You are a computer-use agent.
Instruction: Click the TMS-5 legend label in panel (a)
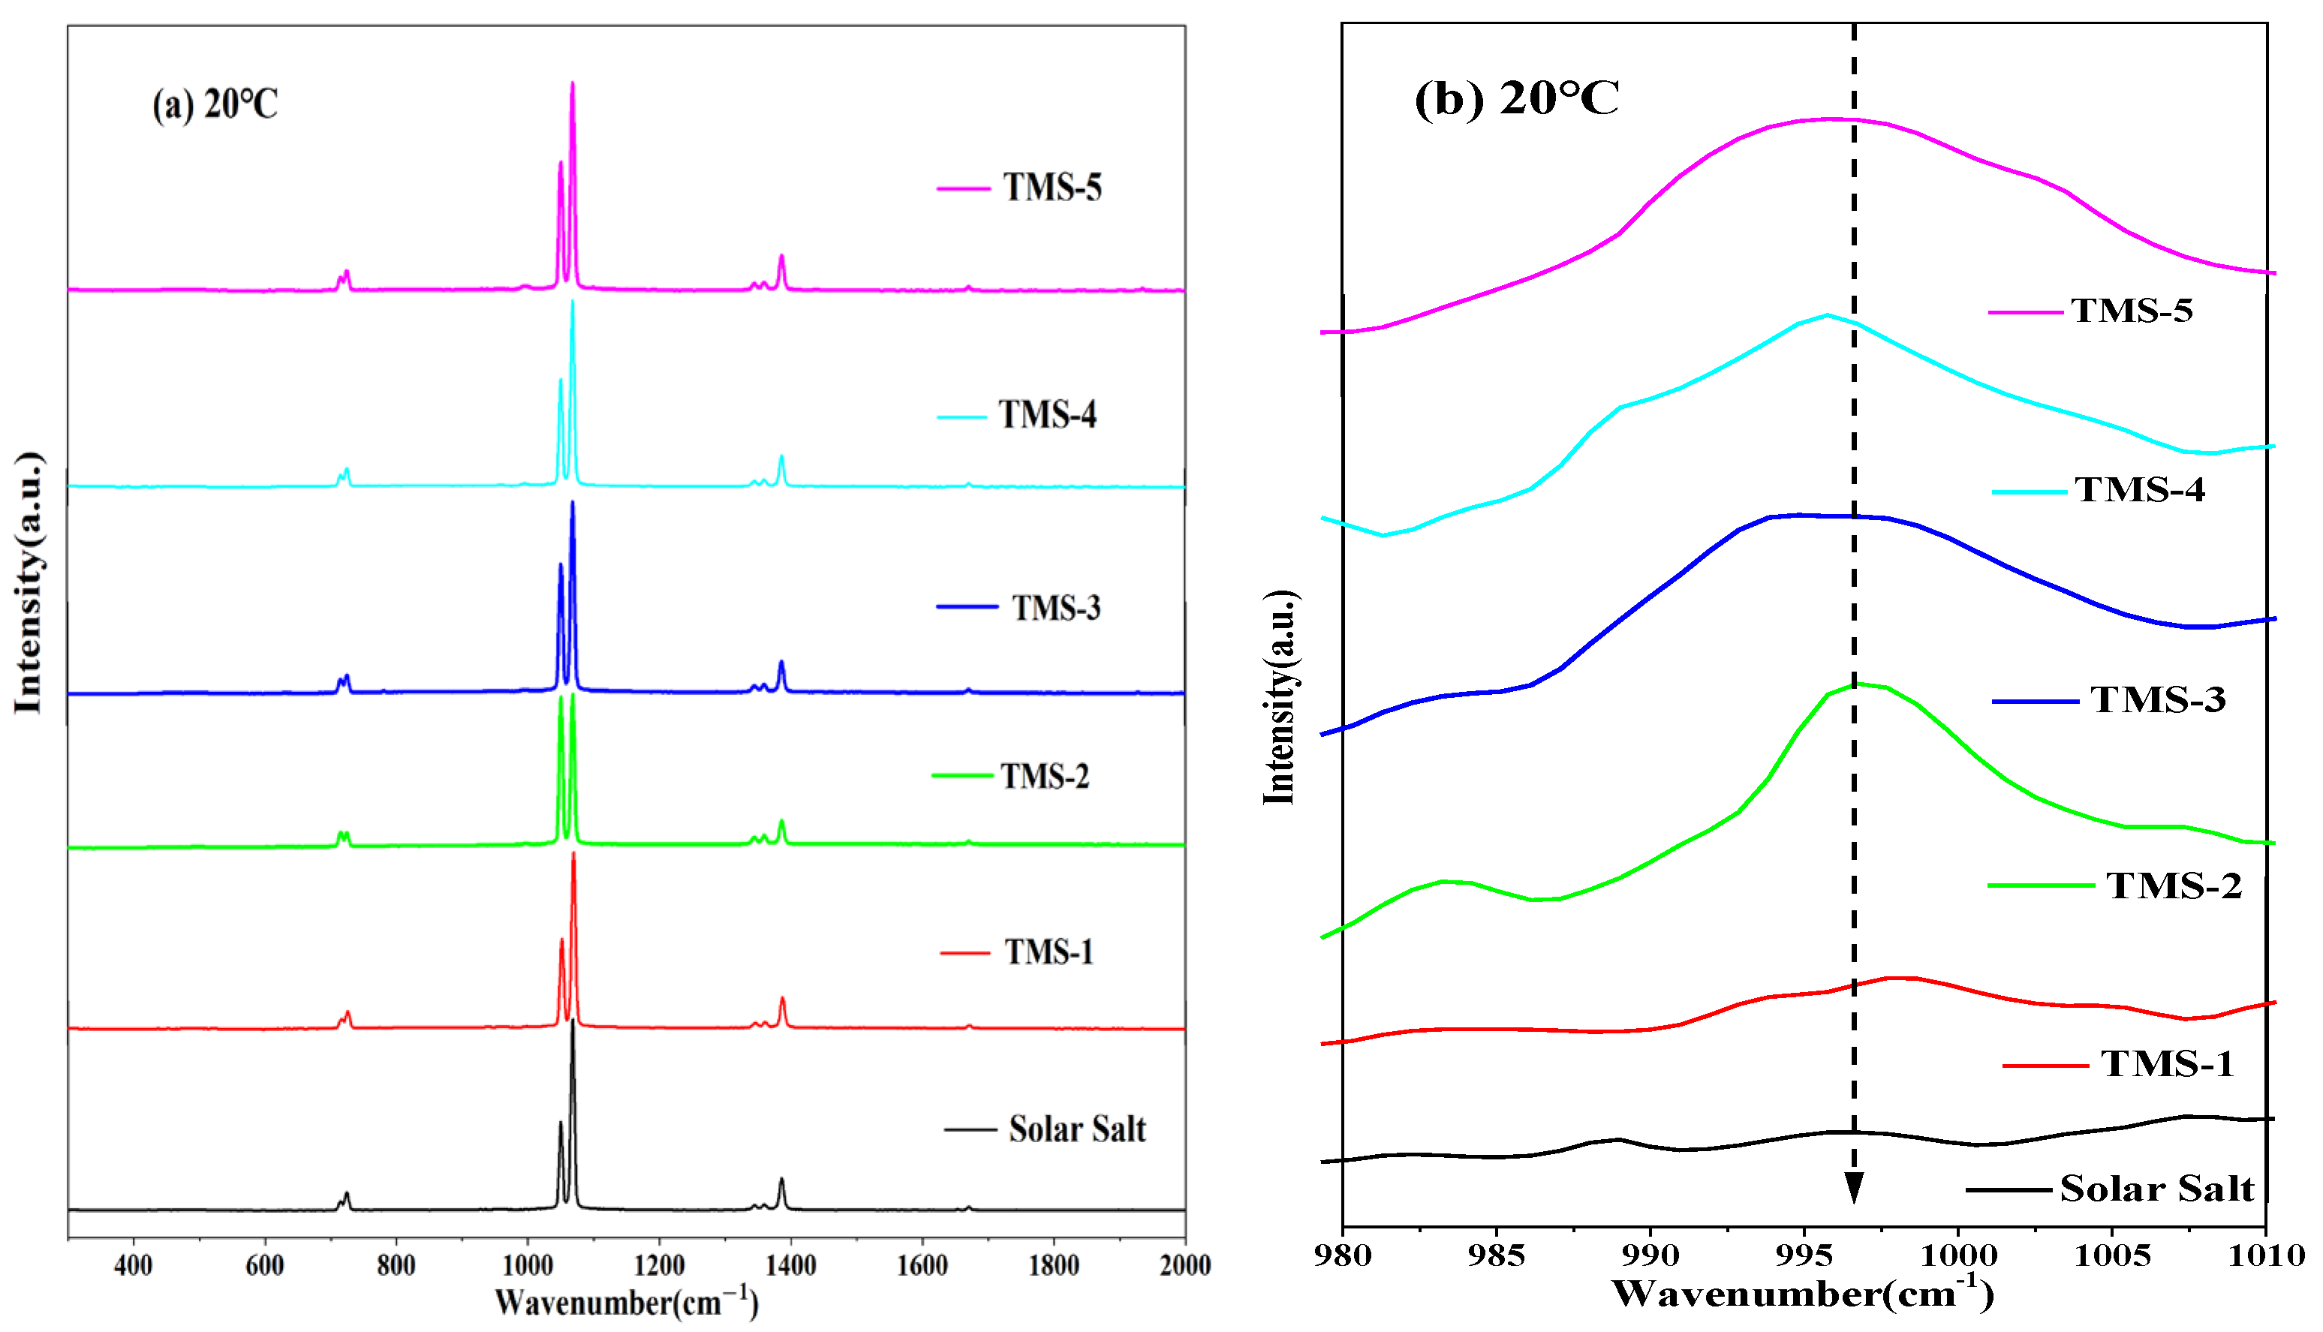pos(1052,188)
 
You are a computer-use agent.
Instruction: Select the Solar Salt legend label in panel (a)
pos(1077,1130)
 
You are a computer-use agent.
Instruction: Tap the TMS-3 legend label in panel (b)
pos(2157,700)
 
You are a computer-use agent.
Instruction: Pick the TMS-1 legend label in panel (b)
pos(2167,1064)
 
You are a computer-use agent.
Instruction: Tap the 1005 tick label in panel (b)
pos(2111,1256)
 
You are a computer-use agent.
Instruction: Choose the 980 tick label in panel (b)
pos(1343,1256)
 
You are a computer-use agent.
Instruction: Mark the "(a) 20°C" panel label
pos(215,104)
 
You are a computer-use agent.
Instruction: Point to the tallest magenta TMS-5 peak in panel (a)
pos(573,84)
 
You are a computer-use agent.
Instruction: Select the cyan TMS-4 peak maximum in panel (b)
pos(1827,316)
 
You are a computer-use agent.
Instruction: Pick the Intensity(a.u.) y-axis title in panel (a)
pos(29,582)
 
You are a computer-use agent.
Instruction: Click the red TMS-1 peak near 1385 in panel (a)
pos(782,999)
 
